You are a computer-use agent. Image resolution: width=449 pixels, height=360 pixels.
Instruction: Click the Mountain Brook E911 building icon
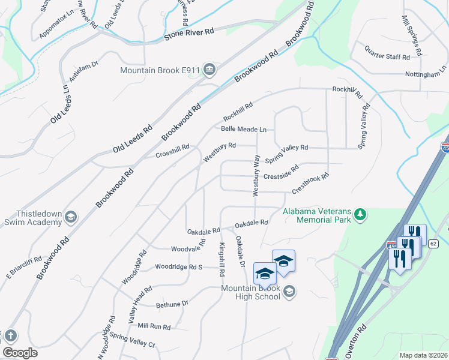209,70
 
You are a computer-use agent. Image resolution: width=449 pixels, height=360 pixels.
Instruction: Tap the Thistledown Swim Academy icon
70,217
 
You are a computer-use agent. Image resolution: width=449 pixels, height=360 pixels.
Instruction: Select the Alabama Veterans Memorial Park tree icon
360,214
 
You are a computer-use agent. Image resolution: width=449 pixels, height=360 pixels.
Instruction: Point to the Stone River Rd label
188,37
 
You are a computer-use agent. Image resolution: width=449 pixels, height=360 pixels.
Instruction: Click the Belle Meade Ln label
243,129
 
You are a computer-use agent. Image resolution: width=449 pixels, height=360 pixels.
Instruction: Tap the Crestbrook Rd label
310,184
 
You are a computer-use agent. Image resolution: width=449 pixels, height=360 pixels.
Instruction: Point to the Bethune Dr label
172,304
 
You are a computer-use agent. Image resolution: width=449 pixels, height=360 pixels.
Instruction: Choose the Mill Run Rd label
154,326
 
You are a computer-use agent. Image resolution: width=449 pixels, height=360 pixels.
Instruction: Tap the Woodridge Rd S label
179,266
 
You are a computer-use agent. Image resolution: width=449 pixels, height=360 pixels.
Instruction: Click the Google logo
20,353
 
